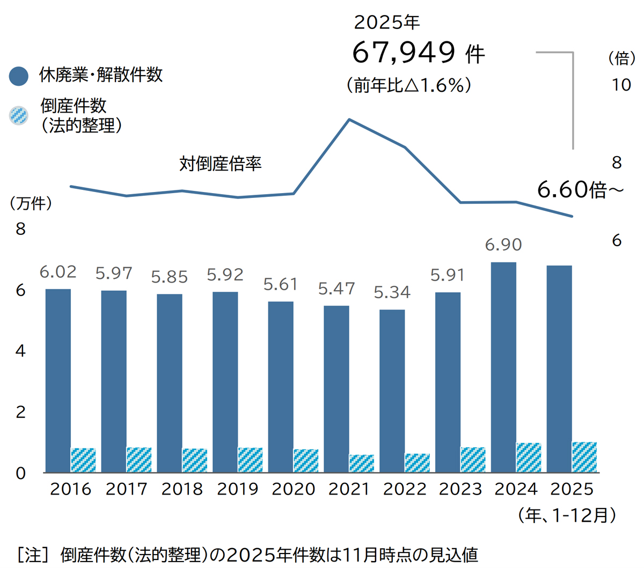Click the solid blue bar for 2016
58,381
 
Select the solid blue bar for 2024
503,367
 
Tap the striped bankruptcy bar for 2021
362,463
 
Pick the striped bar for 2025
584,457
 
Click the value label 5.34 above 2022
392,292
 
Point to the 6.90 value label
503,245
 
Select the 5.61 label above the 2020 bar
281,284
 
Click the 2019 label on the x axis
238,489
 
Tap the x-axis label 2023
460,489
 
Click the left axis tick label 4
20,351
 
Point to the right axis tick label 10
621,85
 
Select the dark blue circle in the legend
19,76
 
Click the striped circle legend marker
19,115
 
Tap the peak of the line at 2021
350,119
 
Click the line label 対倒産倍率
220,163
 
